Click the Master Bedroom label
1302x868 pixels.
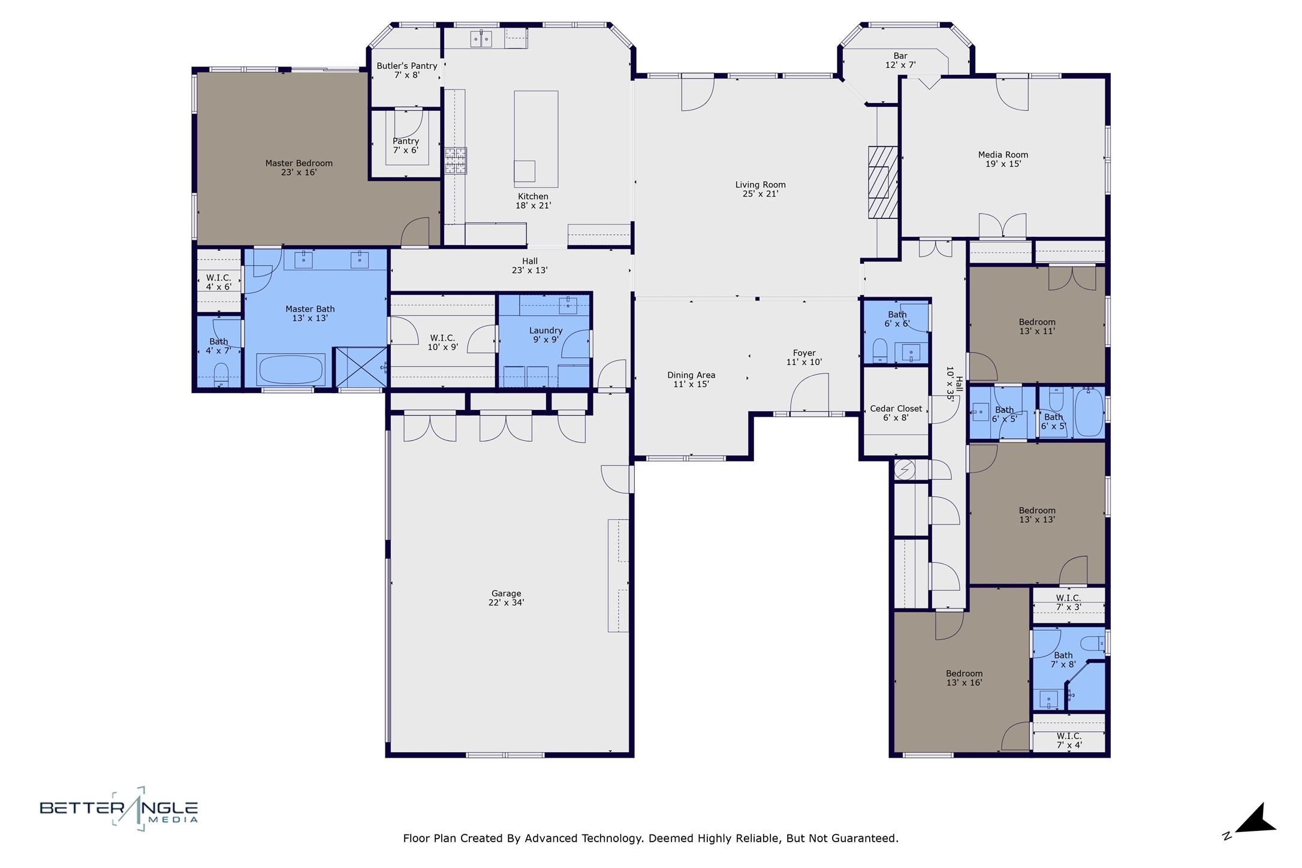[x=299, y=163]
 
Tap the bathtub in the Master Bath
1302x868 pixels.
[x=291, y=369]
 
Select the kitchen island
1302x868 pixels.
[x=536, y=138]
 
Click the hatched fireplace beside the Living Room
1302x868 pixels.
[x=883, y=182]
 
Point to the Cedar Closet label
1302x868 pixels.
[x=896, y=409]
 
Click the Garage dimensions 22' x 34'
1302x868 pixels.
[x=506, y=602]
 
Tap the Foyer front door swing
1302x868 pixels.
[x=810, y=393]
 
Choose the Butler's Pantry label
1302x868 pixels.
[x=407, y=66]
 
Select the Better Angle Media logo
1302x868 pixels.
[x=119, y=809]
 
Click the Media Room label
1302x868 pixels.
[x=1003, y=155]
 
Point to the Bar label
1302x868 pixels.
[x=900, y=56]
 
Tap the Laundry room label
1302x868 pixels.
[x=545, y=330]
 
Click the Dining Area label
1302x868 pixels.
[x=691, y=375]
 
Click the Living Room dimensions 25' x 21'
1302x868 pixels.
[x=760, y=194]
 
